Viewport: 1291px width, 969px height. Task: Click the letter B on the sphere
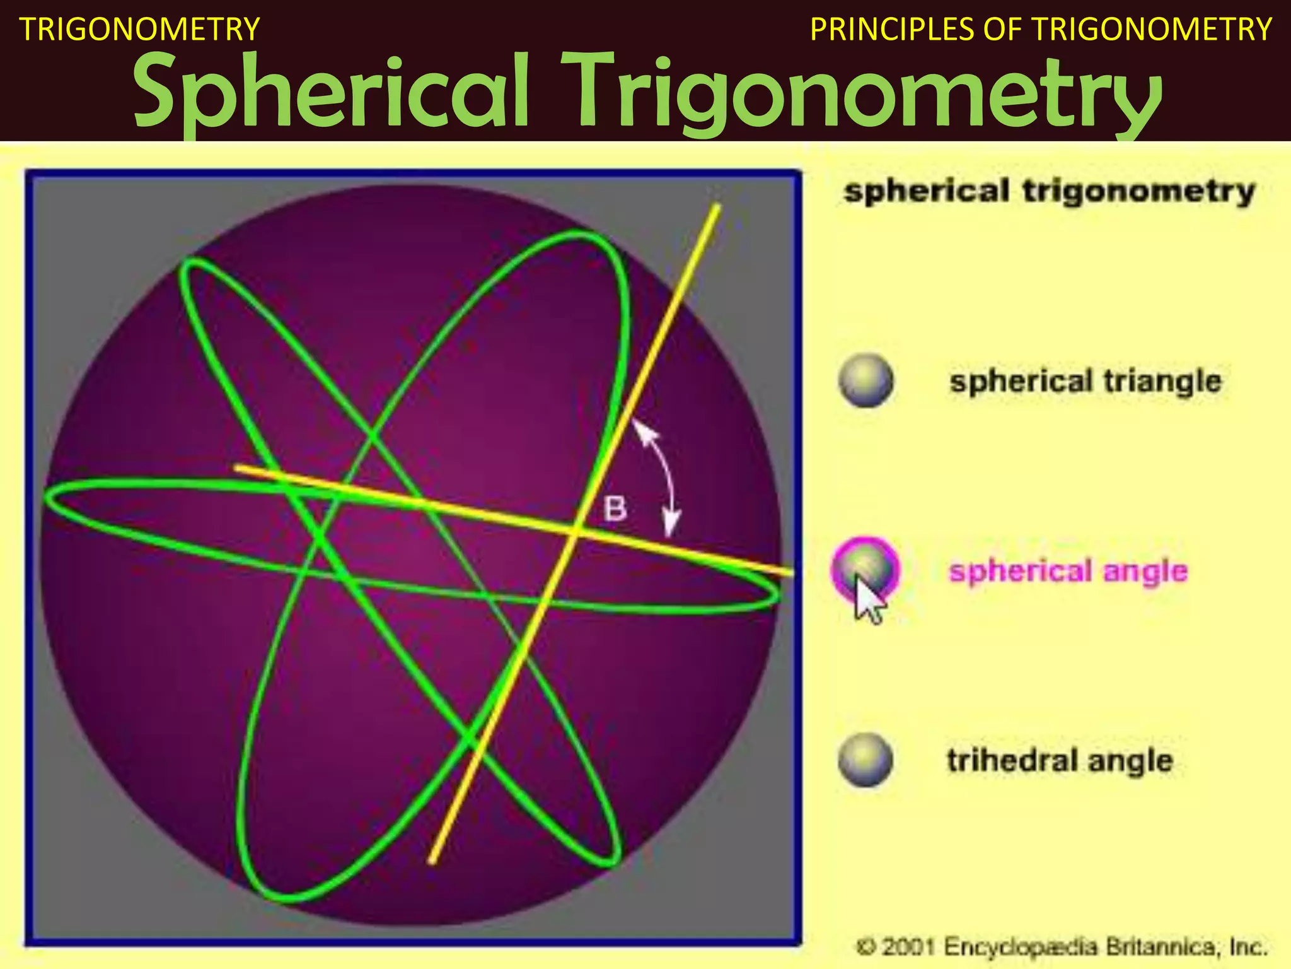point(615,508)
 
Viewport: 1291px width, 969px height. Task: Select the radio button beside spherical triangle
point(866,381)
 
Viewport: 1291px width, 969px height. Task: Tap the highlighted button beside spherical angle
point(865,568)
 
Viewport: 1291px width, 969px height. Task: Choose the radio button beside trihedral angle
point(866,760)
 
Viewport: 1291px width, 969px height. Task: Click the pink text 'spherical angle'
point(1068,572)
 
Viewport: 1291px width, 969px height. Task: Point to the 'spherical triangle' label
point(1085,381)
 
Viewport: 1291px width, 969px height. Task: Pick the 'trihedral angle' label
point(1060,760)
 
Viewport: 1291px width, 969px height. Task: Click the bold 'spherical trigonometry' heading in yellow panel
point(1050,191)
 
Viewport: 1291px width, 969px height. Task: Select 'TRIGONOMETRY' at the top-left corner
point(140,30)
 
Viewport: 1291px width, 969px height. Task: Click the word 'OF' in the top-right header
point(1003,30)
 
